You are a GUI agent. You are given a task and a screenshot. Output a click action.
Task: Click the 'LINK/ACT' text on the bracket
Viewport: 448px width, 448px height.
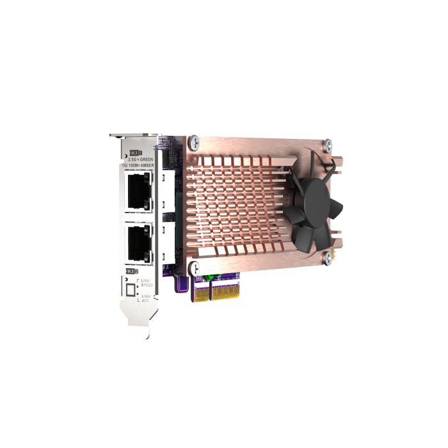point(147,298)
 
